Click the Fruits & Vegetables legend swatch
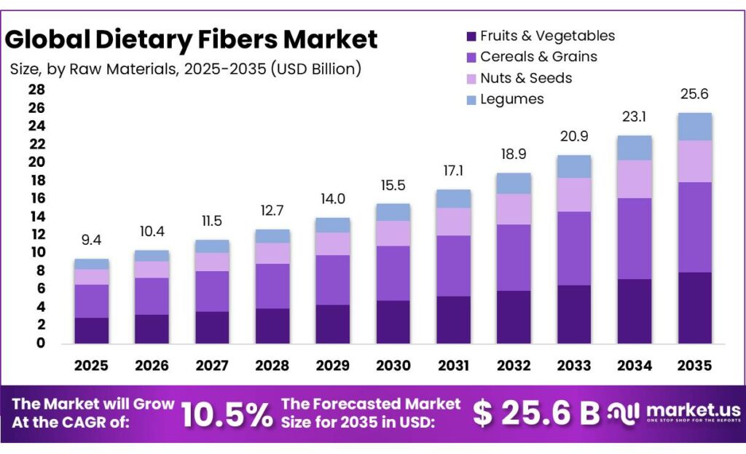[471, 36]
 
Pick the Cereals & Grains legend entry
[538, 57]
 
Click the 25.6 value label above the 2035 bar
[694, 94]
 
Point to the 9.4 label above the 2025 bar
[92, 238]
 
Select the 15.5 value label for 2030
[393, 185]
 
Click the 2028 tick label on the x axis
[272, 365]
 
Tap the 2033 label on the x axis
[574, 365]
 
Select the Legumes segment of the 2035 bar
[694, 127]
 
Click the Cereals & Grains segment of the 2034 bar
[634, 238]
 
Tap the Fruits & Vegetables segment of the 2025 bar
[92, 330]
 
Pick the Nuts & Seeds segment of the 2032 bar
[514, 209]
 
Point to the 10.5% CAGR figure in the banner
[226, 414]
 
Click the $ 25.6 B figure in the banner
[536, 414]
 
